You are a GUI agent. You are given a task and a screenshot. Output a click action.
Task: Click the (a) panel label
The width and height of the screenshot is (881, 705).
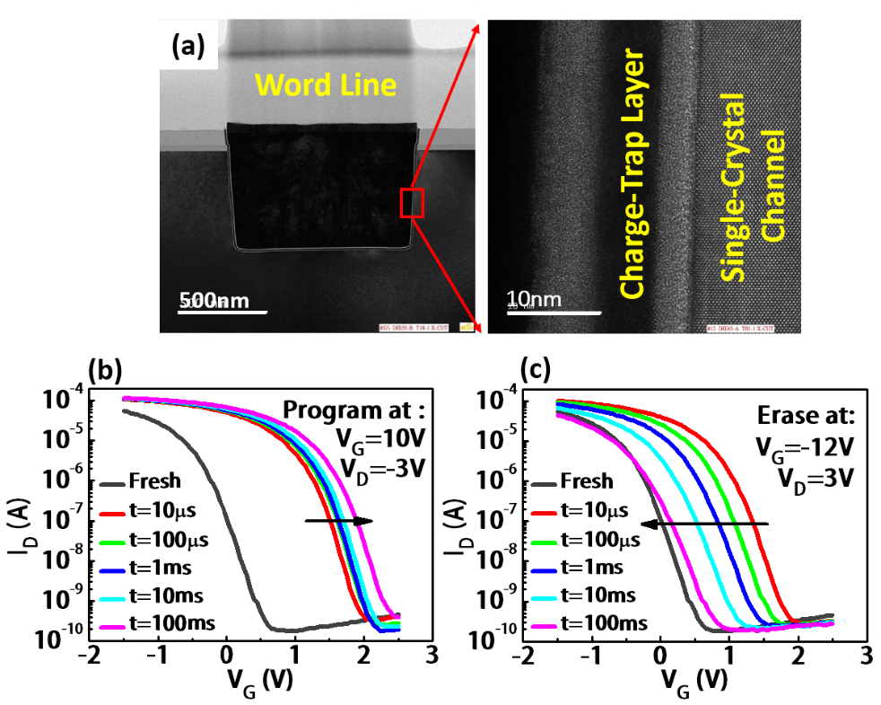(188, 46)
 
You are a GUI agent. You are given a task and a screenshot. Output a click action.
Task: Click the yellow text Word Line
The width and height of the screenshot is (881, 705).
(325, 85)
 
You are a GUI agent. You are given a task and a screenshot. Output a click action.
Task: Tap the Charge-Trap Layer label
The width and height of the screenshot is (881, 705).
(633, 176)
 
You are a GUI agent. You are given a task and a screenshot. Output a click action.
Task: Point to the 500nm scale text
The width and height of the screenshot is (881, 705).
(214, 301)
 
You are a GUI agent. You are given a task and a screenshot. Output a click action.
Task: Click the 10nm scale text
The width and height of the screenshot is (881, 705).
(533, 299)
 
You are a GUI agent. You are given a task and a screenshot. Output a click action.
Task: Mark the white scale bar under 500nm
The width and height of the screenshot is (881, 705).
(223, 313)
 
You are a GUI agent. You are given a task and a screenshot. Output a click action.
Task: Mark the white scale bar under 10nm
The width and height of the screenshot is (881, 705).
(554, 313)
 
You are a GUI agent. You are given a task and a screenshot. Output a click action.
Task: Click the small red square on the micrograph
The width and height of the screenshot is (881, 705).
(412, 203)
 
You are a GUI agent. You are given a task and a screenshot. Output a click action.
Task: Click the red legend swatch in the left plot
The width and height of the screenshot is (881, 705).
(112, 515)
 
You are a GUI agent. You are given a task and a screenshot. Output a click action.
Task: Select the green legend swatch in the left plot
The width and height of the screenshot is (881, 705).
(112, 542)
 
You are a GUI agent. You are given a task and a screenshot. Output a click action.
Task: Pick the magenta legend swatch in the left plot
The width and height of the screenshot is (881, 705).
(112, 628)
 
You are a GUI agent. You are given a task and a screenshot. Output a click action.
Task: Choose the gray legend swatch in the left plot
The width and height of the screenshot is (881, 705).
(112, 485)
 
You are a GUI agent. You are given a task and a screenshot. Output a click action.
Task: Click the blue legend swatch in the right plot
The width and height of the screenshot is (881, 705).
(544, 571)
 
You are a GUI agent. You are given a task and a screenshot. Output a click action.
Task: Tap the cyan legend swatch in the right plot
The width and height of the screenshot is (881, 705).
(544, 599)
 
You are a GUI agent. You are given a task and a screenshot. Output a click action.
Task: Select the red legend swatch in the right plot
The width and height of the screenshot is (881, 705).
(544, 514)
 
